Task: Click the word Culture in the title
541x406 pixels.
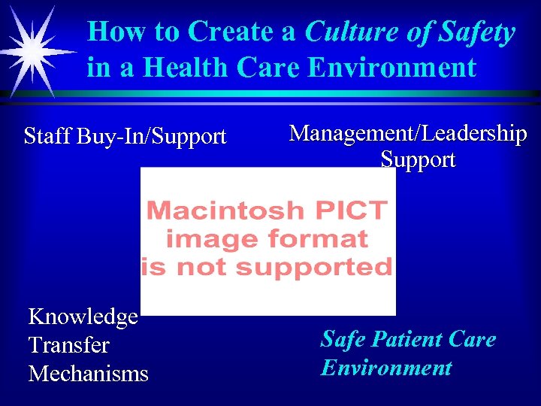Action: [x=350, y=32]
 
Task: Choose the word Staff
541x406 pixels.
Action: [x=46, y=136]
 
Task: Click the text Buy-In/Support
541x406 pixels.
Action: [x=150, y=137]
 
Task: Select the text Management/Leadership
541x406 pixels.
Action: [x=408, y=134]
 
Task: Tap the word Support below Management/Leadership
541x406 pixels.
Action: [x=418, y=159]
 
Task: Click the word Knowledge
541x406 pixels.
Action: [x=83, y=317]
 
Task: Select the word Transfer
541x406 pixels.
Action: [x=68, y=345]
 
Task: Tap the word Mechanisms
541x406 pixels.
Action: [x=88, y=374]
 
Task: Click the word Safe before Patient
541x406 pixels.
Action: [x=343, y=339]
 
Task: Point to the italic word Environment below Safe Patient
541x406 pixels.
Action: [x=385, y=368]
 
